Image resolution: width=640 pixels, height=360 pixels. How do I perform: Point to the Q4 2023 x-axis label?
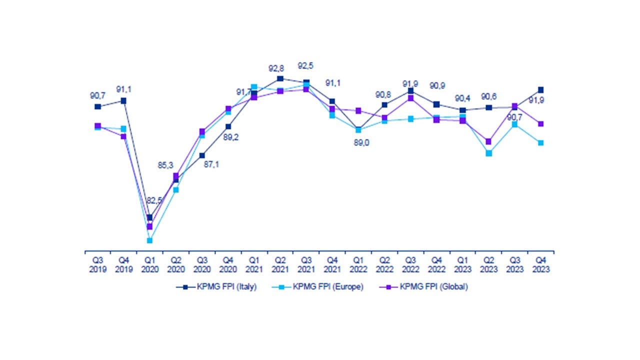[540, 264]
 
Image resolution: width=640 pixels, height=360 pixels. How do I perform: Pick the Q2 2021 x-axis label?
[280, 264]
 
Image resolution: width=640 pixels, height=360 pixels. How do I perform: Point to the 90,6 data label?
[489, 96]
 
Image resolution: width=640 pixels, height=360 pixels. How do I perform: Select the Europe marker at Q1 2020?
[149, 240]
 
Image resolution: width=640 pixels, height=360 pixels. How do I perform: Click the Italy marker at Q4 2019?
[123, 101]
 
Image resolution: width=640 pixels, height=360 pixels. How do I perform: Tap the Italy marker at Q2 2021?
[280, 78]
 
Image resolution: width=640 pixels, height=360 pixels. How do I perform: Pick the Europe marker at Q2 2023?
[489, 153]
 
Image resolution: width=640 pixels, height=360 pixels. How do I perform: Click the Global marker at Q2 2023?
[488, 141]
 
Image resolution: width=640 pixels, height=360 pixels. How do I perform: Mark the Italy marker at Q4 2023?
[540, 90]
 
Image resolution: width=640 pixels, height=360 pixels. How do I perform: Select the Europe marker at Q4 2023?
[540, 143]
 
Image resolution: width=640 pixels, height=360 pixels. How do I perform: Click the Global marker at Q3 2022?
[410, 98]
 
